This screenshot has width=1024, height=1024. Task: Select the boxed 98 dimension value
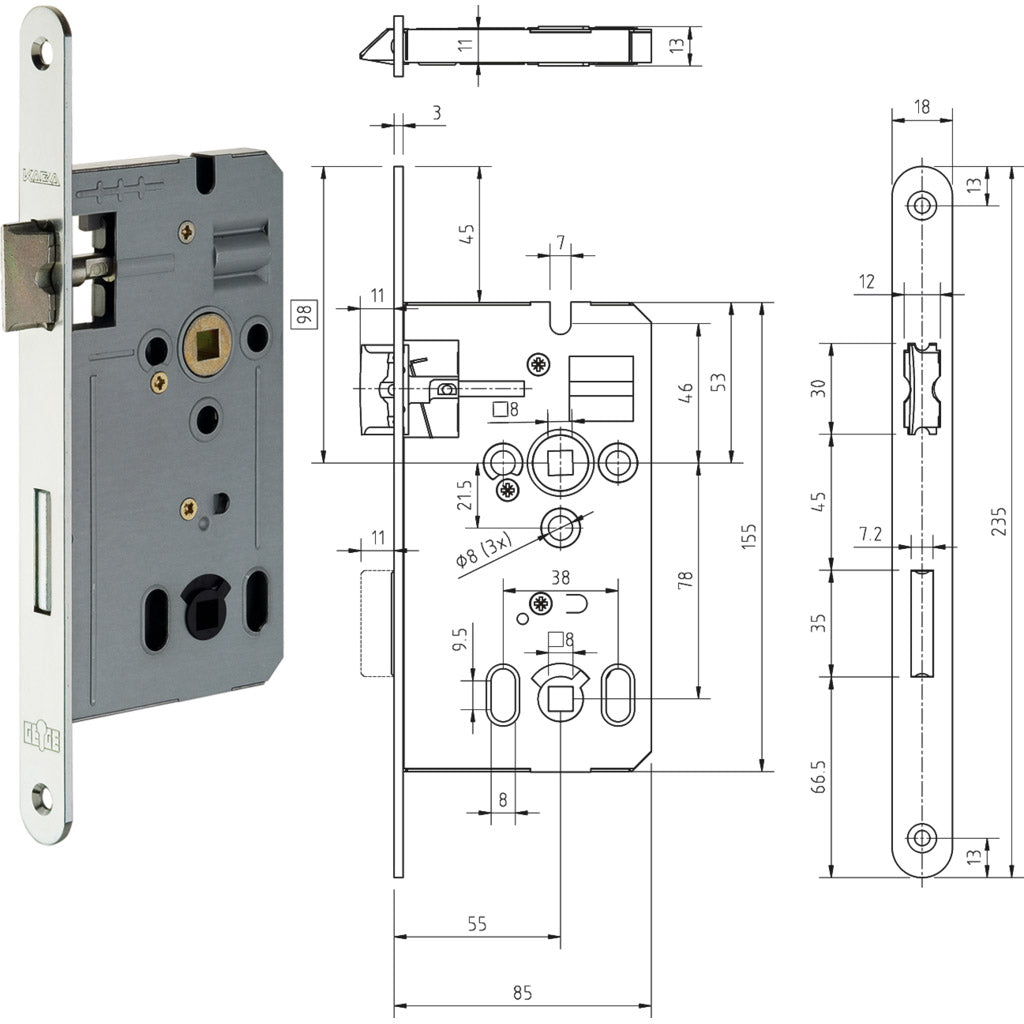(x=305, y=314)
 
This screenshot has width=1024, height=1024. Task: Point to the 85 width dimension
(x=522, y=993)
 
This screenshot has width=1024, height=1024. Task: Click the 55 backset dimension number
(x=476, y=925)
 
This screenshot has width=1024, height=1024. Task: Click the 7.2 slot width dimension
(x=869, y=536)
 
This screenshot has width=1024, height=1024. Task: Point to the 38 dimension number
(x=560, y=576)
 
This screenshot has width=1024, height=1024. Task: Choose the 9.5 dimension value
(x=459, y=640)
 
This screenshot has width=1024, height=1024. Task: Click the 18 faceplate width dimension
(x=921, y=106)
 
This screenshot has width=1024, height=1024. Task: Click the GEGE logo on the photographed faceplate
(x=41, y=741)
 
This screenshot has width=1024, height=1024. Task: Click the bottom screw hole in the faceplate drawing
(x=921, y=837)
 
